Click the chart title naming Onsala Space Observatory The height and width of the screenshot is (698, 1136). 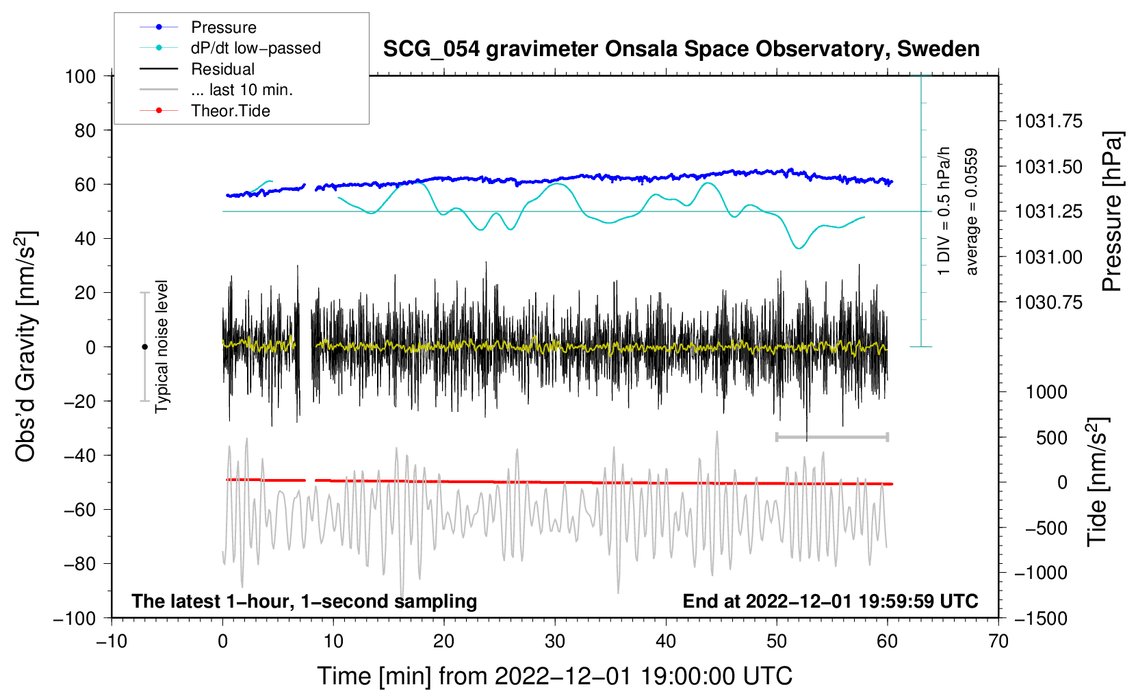[x=681, y=49]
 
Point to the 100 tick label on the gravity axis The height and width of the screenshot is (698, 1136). [x=81, y=77]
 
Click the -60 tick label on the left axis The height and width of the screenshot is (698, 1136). [x=79, y=509]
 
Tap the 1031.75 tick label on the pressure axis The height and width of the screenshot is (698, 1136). [x=1048, y=121]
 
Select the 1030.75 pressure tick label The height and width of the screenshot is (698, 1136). [x=1048, y=302]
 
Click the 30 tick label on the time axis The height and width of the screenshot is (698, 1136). [x=555, y=641]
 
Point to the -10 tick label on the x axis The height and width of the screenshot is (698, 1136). [x=112, y=641]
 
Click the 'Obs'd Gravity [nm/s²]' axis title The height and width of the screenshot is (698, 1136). [x=25, y=346]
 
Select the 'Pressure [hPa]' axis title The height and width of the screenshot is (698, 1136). [x=1111, y=211]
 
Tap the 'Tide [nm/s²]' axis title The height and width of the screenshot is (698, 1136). [x=1098, y=482]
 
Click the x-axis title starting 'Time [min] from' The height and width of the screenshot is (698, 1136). [x=555, y=676]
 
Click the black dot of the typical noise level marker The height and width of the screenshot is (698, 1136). [x=144, y=347]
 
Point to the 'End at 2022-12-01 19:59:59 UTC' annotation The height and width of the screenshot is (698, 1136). [x=830, y=601]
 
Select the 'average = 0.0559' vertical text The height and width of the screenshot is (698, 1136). [x=970, y=211]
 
